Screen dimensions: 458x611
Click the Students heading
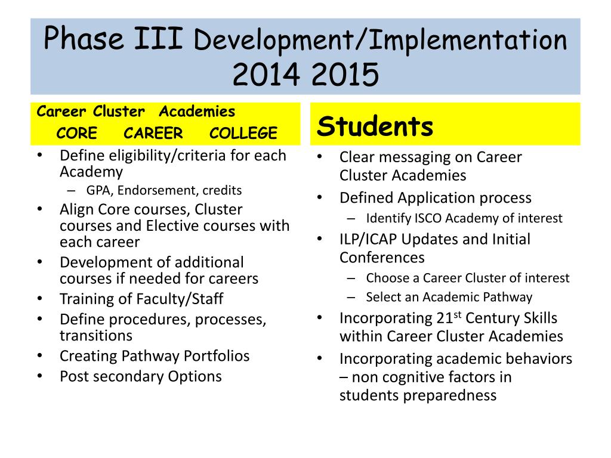(375, 126)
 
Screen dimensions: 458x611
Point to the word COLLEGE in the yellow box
(243, 134)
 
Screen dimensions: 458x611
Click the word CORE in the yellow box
(77, 134)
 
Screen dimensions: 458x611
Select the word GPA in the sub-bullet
(98, 191)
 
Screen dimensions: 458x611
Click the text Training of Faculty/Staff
(141, 299)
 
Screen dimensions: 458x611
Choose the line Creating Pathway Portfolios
(155, 356)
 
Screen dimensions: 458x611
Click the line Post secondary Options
(140, 376)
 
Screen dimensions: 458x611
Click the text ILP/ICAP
(368, 239)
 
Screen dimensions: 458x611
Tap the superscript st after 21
(459, 314)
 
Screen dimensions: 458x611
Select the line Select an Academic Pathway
(449, 297)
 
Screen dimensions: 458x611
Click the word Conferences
(382, 258)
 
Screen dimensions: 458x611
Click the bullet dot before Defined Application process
(320, 197)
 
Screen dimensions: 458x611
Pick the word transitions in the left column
(96, 335)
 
